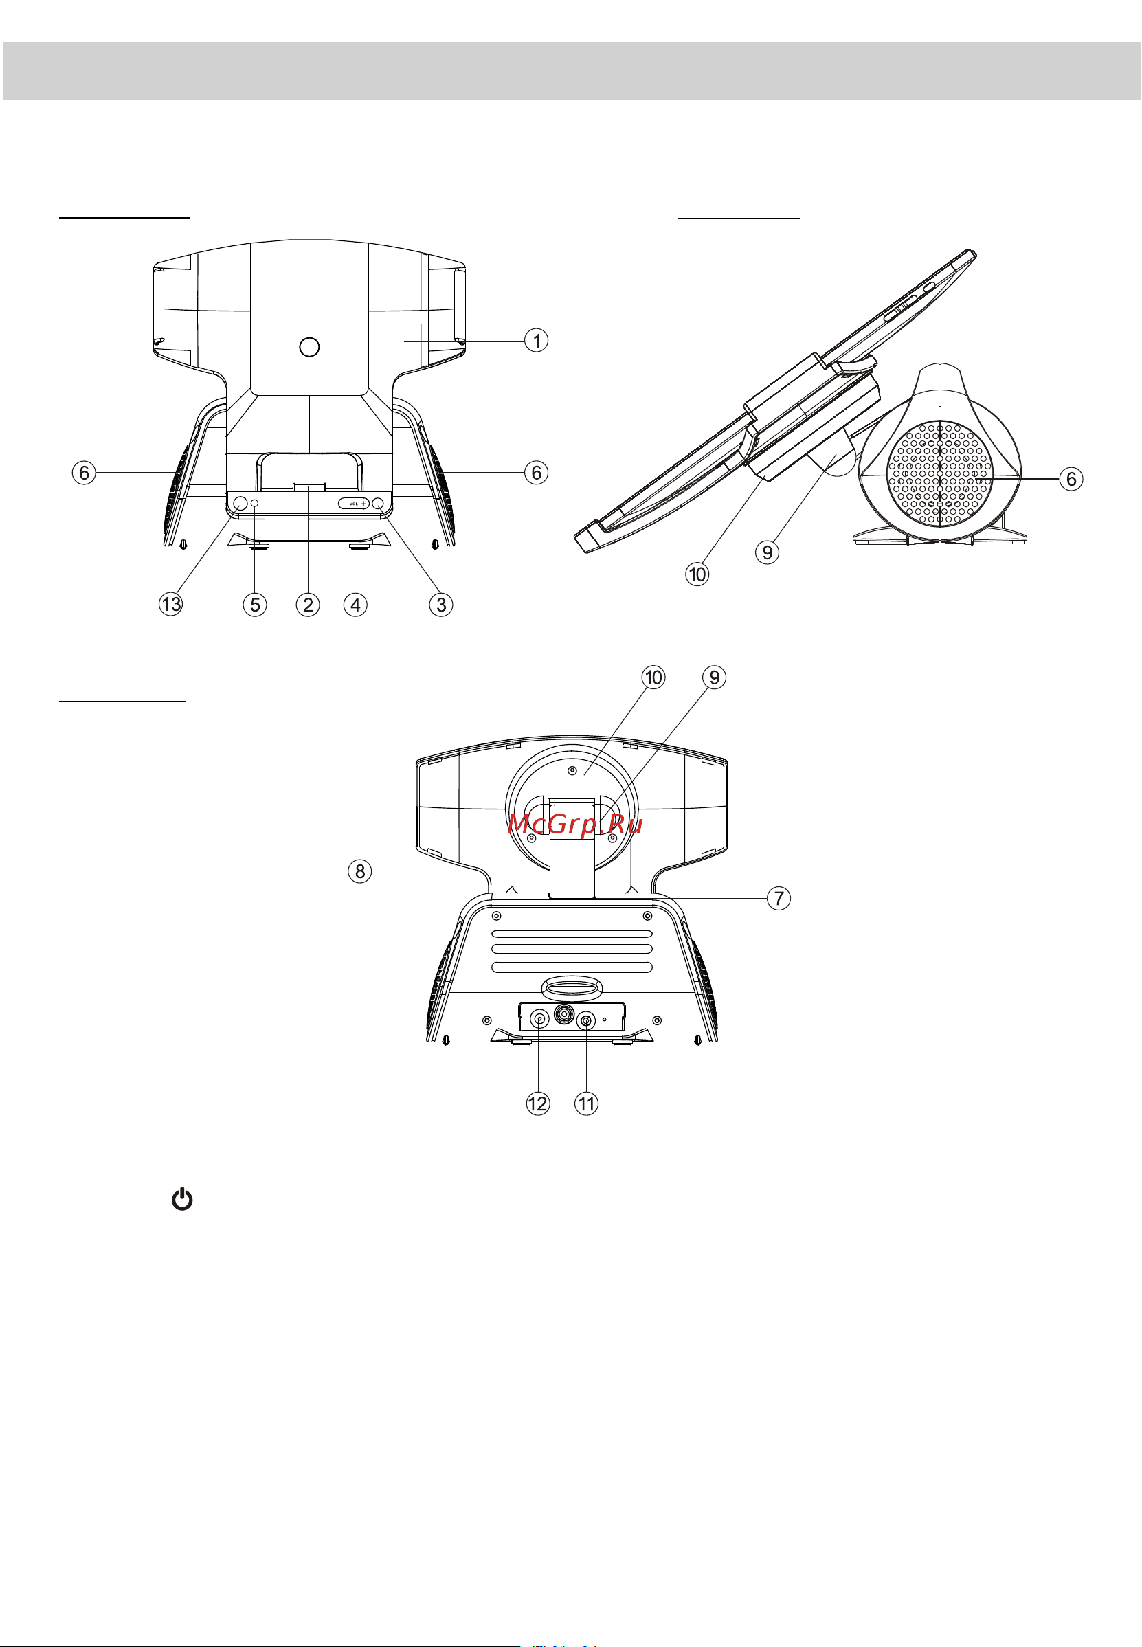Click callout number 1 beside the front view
(x=537, y=340)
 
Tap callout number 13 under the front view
(x=171, y=604)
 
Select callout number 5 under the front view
(x=255, y=604)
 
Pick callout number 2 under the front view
(x=308, y=604)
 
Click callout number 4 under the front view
(x=356, y=604)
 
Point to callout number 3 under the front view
(x=442, y=604)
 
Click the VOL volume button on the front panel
(x=353, y=503)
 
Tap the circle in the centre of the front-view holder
(x=309, y=347)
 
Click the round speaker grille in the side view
(x=940, y=471)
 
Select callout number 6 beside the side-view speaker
(x=1071, y=478)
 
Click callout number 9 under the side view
(x=767, y=552)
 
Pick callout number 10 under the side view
(x=697, y=573)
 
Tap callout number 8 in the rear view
(x=360, y=871)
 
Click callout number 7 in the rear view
(x=779, y=897)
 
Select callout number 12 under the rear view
(x=537, y=1103)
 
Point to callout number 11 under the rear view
(x=586, y=1103)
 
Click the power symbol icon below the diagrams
(x=183, y=1198)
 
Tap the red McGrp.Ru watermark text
(x=574, y=825)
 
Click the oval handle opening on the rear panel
(x=572, y=988)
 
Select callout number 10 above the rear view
(x=653, y=677)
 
